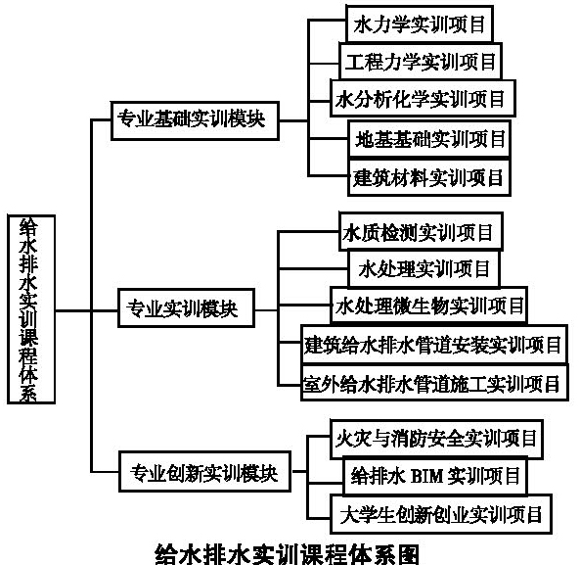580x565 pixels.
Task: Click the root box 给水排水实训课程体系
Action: coord(31,309)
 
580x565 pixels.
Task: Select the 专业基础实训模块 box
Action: coord(195,120)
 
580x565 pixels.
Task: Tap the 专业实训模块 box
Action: coord(186,308)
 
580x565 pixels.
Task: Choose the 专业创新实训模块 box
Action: coord(204,471)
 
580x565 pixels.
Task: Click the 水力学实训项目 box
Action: coord(420,24)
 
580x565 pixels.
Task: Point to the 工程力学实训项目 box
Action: coord(421,61)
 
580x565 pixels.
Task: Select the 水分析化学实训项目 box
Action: coord(423,99)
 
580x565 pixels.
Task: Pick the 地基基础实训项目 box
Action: coord(429,139)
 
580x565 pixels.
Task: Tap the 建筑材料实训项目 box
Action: coord(429,177)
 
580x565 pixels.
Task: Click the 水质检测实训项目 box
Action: coord(421,232)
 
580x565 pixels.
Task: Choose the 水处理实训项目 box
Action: coord(424,269)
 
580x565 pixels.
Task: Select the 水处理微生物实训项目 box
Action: coord(428,306)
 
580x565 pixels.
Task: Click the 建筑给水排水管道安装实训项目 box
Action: coord(434,345)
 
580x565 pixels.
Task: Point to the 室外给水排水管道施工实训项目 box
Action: coord(434,383)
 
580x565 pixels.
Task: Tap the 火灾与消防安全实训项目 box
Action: coord(436,439)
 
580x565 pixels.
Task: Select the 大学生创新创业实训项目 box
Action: coord(441,514)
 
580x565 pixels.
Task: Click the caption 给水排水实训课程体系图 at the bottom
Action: coord(288,554)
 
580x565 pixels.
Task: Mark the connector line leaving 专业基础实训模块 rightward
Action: coord(293,120)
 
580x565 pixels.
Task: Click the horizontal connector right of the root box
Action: coord(73,310)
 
